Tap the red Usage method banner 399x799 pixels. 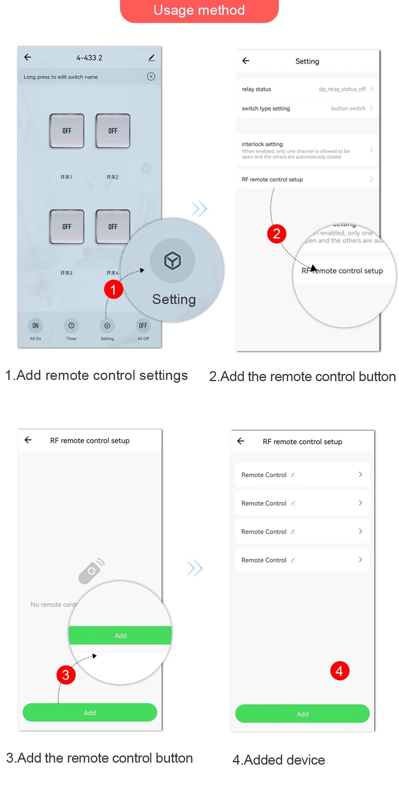click(199, 10)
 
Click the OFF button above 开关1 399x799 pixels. click(67, 131)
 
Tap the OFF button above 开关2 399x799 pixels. click(113, 131)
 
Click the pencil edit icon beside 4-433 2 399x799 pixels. click(152, 58)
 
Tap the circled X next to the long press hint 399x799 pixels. click(151, 77)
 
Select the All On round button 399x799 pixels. click(36, 326)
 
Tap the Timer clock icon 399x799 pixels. click(71, 326)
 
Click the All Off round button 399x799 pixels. click(143, 326)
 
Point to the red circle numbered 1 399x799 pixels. click(113, 289)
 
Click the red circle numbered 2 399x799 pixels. click(277, 234)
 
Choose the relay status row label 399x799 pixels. click(257, 89)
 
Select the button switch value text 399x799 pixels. click(348, 108)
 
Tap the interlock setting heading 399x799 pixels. click(262, 144)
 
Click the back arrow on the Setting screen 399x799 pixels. click(246, 61)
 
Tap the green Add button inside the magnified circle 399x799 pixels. click(120, 635)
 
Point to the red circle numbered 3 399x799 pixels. click(66, 675)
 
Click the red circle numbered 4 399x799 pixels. click(340, 671)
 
